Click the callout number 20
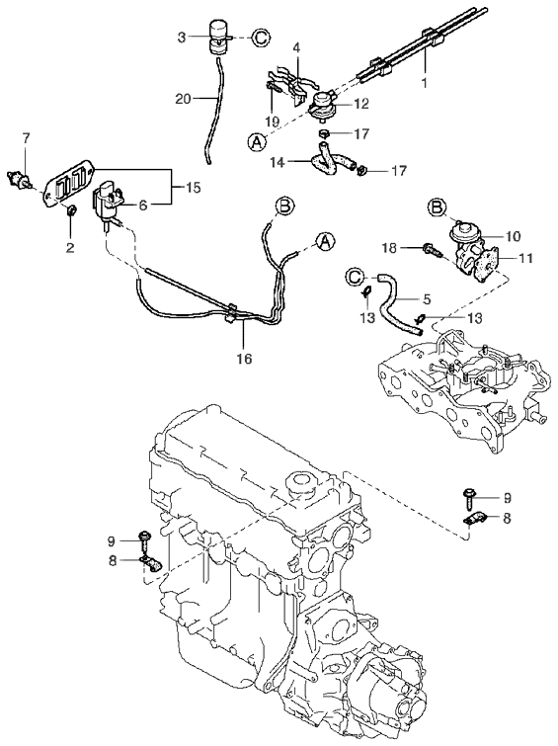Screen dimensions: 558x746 coord(183,99)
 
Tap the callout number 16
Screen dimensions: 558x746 coord(244,359)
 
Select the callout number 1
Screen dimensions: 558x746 coord(425,82)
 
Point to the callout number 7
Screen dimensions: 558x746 coord(26,138)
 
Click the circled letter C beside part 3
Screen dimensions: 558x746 coord(260,38)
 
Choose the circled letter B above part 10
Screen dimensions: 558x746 coord(437,207)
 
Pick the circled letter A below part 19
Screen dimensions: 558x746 coord(257,141)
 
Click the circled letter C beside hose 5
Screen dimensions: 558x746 coord(356,277)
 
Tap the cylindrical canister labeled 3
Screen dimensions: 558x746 coord(218,36)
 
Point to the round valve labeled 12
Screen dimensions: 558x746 coord(322,104)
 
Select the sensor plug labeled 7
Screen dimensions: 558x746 coord(19,180)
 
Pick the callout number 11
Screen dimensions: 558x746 coord(525,258)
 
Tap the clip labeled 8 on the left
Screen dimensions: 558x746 coord(151,564)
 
